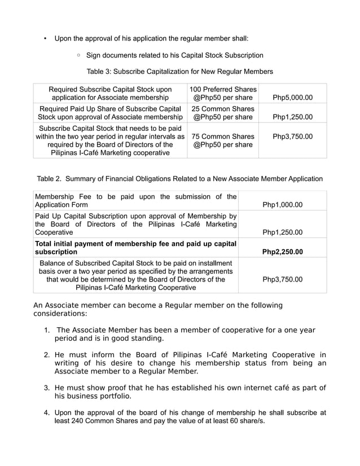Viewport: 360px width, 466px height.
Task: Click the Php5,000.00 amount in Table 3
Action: click(x=292, y=98)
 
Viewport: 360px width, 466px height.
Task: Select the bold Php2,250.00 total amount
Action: click(x=282, y=252)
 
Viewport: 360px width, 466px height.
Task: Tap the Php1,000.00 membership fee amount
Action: click(x=282, y=205)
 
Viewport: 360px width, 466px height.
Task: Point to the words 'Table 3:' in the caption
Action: click(x=98, y=72)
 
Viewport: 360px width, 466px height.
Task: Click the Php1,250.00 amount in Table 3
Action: click(x=292, y=117)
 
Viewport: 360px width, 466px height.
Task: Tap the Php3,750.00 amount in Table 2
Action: click(x=282, y=279)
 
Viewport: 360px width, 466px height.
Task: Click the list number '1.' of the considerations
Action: click(x=47, y=330)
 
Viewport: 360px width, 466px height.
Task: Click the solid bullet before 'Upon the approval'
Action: click(x=45, y=39)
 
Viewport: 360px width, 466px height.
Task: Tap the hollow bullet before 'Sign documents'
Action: click(x=78, y=55)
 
